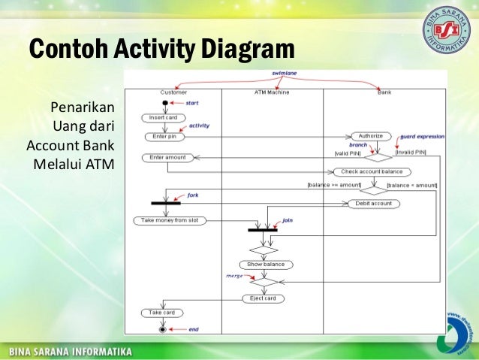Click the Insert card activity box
point(162,117)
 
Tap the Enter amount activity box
point(167,157)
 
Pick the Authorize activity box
point(370,136)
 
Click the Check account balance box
point(372,171)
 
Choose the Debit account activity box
point(374,203)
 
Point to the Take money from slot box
point(170,220)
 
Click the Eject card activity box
point(263,298)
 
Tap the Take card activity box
point(162,312)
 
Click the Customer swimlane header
point(173,92)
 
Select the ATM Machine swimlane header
point(272,92)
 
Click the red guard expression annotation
point(423,136)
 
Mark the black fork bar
point(165,202)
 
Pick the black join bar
point(262,229)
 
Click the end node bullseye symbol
point(161,329)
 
